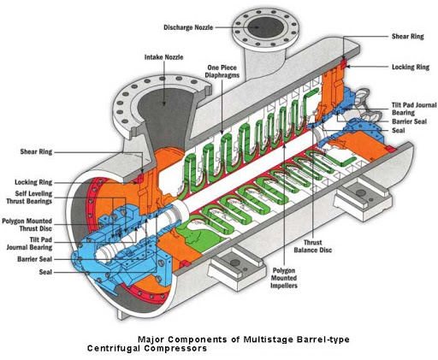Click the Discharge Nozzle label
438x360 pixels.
pos(188,27)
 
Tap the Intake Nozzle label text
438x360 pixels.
pos(163,57)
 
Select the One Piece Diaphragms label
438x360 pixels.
pos(222,71)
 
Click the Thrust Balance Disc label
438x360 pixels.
pos(313,246)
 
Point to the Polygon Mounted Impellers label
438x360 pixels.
pos(284,278)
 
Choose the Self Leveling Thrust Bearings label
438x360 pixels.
pos(29,198)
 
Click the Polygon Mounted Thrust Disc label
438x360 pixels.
pos(27,225)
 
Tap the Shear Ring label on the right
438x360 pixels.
pos(408,37)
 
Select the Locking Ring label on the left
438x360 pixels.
pos(33,182)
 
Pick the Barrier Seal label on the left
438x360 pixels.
pos(35,259)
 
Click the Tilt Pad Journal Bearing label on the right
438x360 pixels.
pos(414,109)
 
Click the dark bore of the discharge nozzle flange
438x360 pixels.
pos(265,27)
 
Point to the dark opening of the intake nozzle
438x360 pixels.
pos(164,114)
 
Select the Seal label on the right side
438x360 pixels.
pos(399,130)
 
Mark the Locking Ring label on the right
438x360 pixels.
pos(411,67)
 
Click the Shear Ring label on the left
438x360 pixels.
pos(36,151)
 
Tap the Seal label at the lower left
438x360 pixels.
pos(45,272)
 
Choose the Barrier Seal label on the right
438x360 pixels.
pos(409,121)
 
